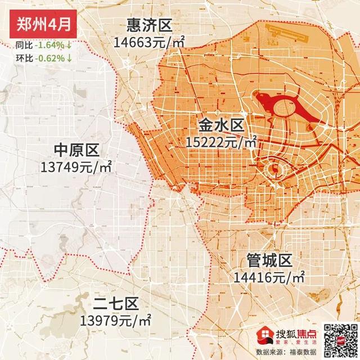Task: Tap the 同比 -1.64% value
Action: (x=51, y=45)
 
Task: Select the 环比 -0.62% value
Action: (x=51, y=57)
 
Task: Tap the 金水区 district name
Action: (x=220, y=124)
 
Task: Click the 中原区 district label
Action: (x=76, y=150)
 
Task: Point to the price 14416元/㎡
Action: (x=269, y=277)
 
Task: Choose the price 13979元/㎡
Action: (x=115, y=321)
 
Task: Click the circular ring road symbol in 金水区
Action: (x=274, y=169)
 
